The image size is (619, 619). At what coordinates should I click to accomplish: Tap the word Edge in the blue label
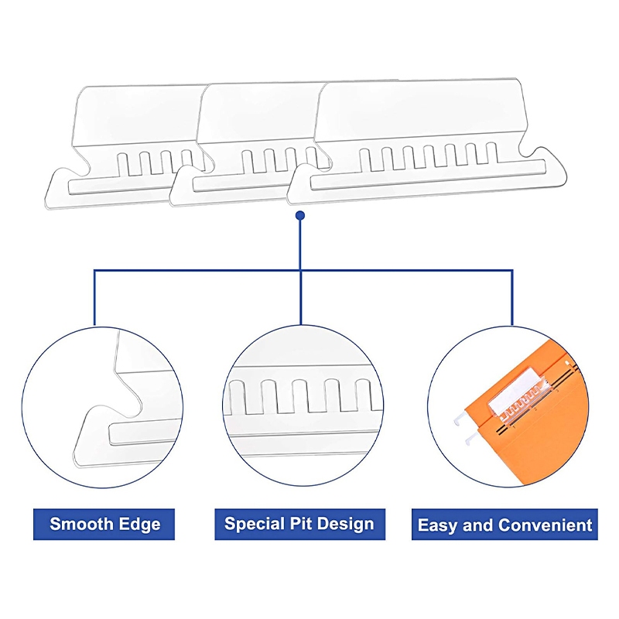tap(140, 525)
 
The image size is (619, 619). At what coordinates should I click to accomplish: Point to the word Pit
tap(301, 524)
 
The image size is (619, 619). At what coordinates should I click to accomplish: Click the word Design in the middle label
tap(345, 525)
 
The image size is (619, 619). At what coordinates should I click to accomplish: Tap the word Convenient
tap(545, 525)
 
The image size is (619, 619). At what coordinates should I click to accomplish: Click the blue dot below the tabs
tap(300, 216)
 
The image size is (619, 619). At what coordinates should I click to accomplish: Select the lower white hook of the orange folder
tap(470, 437)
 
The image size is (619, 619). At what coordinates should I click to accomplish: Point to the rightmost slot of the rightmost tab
tap(492, 153)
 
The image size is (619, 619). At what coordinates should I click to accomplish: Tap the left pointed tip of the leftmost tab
tap(46, 203)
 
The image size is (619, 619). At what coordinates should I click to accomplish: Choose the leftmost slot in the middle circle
tap(236, 398)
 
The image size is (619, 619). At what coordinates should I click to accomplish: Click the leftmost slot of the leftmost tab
tap(124, 165)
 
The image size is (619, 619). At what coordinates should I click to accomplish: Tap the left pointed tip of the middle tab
tap(170, 200)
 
